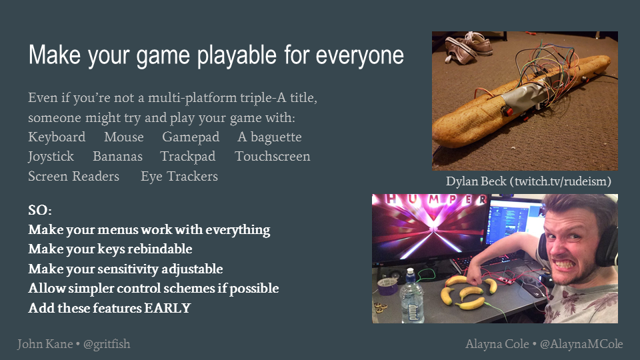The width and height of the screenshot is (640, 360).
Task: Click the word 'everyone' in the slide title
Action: click(359, 56)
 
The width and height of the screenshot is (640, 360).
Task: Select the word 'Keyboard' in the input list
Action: click(57, 137)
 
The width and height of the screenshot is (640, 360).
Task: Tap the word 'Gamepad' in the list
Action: click(191, 137)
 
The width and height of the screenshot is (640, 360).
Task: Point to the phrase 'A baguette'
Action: click(269, 137)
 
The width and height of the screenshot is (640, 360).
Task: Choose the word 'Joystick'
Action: click(51, 157)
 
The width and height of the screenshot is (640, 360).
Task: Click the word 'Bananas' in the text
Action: click(117, 156)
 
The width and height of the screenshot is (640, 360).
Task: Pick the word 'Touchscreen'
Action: click(272, 156)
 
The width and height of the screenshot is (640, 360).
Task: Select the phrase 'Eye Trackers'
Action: click(179, 176)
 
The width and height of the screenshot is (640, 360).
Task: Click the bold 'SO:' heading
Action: click(40, 210)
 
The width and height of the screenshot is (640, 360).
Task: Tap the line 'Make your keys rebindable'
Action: click(110, 249)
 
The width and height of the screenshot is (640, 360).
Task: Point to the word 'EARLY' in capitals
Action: click(167, 308)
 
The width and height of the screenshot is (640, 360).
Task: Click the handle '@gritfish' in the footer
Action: click(107, 345)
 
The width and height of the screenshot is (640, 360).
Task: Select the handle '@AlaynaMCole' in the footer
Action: click(581, 344)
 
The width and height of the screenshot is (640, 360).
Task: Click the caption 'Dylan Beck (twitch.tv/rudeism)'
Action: click(528, 181)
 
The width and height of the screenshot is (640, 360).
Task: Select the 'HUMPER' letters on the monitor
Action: click(434, 199)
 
